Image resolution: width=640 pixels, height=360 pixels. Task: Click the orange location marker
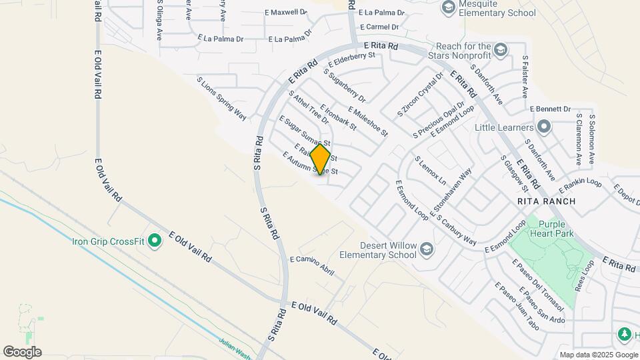click(321, 159)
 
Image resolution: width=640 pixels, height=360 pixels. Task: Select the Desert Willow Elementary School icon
click(427, 249)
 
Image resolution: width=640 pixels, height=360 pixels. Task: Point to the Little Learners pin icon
click(544, 127)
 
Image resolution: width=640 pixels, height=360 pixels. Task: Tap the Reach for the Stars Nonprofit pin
click(501, 50)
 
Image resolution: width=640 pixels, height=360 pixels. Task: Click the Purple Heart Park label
click(555, 229)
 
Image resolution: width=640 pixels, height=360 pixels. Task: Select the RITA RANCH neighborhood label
click(541, 200)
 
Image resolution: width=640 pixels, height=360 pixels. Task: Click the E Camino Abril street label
click(311, 267)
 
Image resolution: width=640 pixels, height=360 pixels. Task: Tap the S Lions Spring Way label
click(221, 97)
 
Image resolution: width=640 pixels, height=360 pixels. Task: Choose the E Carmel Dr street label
click(377, 27)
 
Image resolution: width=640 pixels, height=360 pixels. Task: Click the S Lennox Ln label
click(430, 171)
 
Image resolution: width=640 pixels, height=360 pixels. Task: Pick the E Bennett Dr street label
click(551, 109)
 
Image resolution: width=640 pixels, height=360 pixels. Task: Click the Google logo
click(21, 351)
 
